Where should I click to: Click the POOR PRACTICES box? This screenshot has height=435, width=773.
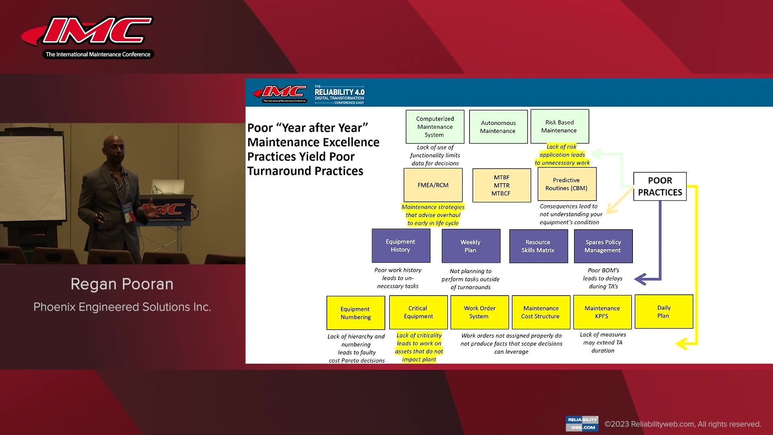(x=660, y=186)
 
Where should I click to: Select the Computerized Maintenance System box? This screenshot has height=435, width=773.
(x=435, y=127)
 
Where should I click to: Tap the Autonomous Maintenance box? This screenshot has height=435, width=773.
(x=498, y=127)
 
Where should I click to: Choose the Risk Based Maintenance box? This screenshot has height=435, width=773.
(x=560, y=126)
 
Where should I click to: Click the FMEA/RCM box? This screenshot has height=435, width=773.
(x=433, y=185)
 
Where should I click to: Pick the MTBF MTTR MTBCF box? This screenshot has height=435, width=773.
(x=502, y=185)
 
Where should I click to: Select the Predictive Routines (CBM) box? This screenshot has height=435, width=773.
(x=567, y=184)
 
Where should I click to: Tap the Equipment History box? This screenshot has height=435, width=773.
(x=401, y=246)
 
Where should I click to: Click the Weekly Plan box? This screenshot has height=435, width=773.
(x=471, y=246)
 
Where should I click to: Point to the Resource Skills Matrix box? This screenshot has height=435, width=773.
(x=538, y=246)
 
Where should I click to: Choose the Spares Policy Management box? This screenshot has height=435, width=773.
(x=603, y=246)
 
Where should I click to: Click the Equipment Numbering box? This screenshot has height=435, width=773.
(x=355, y=313)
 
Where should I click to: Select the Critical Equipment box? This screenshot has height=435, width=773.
(x=418, y=312)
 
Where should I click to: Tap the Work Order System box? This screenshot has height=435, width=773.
(x=480, y=312)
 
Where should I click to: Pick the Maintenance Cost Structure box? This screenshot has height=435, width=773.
(x=541, y=312)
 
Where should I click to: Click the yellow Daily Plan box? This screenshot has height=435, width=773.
(x=664, y=312)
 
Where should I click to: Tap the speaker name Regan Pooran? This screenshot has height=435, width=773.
(x=122, y=284)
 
